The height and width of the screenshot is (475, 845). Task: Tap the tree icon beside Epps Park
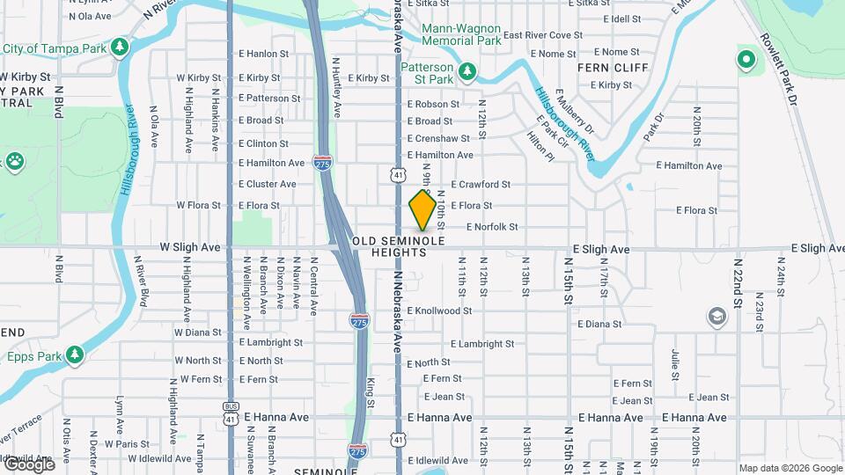[x=76, y=354]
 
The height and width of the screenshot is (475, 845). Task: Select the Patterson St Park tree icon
[x=468, y=70]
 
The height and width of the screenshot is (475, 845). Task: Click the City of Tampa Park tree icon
[x=117, y=47]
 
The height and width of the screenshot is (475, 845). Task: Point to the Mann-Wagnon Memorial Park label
[x=461, y=34]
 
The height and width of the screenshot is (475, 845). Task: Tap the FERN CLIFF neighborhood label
[x=613, y=68]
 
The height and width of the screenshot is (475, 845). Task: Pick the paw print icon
[x=14, y=161]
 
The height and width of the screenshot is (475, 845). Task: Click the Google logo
[x=28, y=464]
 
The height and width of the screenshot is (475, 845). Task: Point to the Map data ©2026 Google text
[x=790, y=468]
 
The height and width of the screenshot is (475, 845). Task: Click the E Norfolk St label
[x=491, y=227]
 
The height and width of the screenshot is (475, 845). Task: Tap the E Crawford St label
[x=481, y=185]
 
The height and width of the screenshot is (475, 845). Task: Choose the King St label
[x=371, y=386]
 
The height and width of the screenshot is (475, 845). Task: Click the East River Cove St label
[x=542, y=35]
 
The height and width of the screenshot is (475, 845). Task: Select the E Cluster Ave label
[x=268, y=185]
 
